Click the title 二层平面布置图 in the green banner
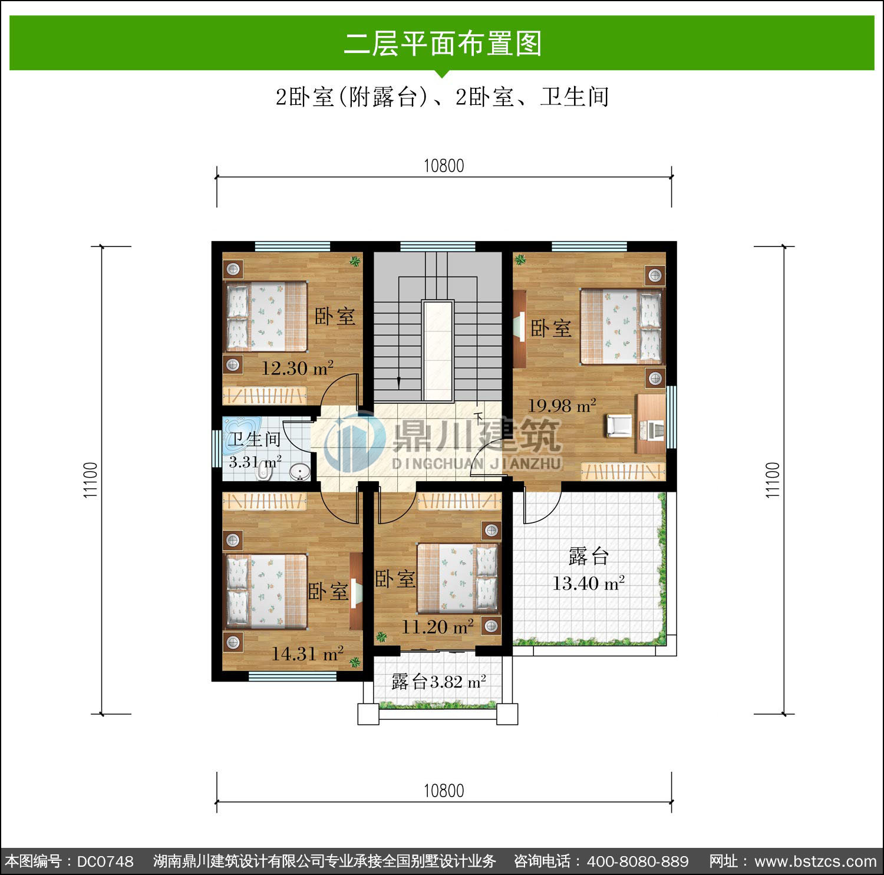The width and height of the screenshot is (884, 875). (x=443, y=44)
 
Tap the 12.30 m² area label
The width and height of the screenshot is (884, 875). (x=298, y=368)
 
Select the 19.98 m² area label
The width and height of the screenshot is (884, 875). (x=562, y=405)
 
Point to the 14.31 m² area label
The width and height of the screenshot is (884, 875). (x=307, y=653)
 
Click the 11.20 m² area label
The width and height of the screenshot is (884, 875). (x=437, y=626)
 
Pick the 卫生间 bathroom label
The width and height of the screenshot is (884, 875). (x=255, y=439)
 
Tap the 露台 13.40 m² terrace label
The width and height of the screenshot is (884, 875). (x=588, y=570)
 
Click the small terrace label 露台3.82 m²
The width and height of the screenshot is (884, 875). (x=439, y=682)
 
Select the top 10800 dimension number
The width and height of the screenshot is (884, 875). (x=444, y=166)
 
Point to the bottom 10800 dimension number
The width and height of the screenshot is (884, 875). (x=444, y=791)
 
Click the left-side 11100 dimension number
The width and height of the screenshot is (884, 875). (x=90, y=480)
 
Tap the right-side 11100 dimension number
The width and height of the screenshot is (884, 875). (x=773, y=480)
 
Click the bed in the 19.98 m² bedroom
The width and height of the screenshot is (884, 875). (x=621, y=326)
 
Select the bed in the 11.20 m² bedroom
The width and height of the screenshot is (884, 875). (x=457, y=578)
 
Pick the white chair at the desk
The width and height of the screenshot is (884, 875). (x=618, y=426)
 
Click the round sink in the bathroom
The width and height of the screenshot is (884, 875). (x=301, y=472)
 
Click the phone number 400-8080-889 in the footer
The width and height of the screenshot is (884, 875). (x=638, y=861)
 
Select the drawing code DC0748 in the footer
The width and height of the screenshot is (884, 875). (x=105, y=861)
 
